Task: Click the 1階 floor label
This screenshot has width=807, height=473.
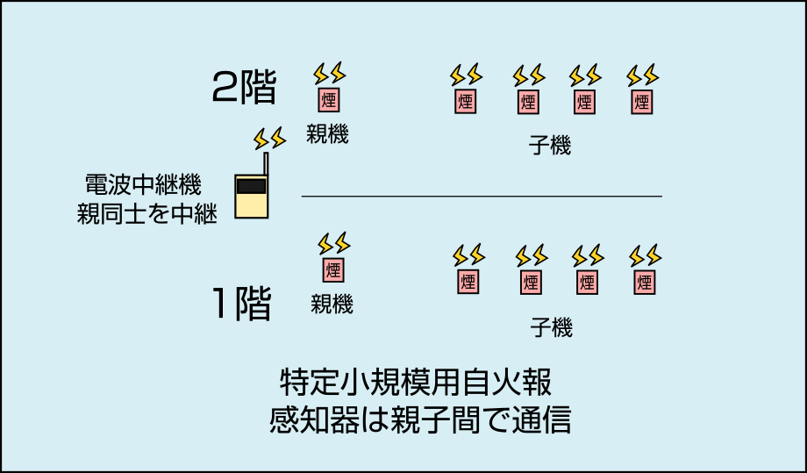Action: click(x=241, y=303)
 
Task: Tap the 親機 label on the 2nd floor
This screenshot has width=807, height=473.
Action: click(x=327, y=135)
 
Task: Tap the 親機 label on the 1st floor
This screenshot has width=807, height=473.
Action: click(x=332, y=305)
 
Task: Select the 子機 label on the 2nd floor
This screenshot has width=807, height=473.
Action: click(x=550, y=146)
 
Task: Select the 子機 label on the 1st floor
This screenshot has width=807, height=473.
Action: click(x=551, y=329)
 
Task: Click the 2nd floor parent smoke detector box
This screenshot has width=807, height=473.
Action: click(x=330, y=99)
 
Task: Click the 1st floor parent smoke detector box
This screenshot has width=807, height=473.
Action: click(x=333, y=269)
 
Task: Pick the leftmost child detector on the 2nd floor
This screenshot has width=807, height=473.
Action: click(x=466, y=102)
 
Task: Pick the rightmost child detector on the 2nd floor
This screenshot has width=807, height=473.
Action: click(x=642, y=102)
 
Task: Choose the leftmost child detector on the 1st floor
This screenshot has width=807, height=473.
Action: click(x=468, y=283)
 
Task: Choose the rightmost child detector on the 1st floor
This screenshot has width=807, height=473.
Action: click(x=645, y=283)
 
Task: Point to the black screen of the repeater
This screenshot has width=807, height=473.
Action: click(x=251, y=186)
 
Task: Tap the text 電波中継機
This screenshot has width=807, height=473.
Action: click(x=143, y=185)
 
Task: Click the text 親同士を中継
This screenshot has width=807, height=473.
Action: click(x=146, y=214)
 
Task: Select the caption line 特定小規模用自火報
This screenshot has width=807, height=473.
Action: click(x=415, y=383)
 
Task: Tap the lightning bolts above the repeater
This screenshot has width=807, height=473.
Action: click(x=270, y=139)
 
